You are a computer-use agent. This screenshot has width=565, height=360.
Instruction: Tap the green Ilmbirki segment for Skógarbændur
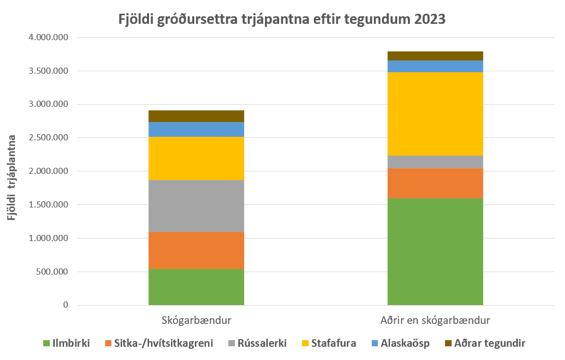196,287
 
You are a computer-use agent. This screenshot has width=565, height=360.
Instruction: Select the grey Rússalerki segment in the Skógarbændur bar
196,205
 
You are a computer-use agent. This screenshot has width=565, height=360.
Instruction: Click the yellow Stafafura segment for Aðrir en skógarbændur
435,113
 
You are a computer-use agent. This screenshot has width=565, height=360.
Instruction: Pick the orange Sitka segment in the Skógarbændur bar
196,250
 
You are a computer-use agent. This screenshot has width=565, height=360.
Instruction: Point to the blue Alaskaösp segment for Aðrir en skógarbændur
435,66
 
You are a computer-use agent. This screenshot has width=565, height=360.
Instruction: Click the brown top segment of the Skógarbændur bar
196,116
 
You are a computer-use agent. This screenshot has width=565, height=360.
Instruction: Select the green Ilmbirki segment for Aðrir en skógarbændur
435,251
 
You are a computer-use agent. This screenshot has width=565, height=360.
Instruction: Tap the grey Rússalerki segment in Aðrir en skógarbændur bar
435,162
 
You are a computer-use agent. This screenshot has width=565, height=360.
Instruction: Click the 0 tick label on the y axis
66,305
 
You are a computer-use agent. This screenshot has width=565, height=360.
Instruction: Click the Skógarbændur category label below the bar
196,321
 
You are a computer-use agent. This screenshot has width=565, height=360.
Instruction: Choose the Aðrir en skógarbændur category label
435,321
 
